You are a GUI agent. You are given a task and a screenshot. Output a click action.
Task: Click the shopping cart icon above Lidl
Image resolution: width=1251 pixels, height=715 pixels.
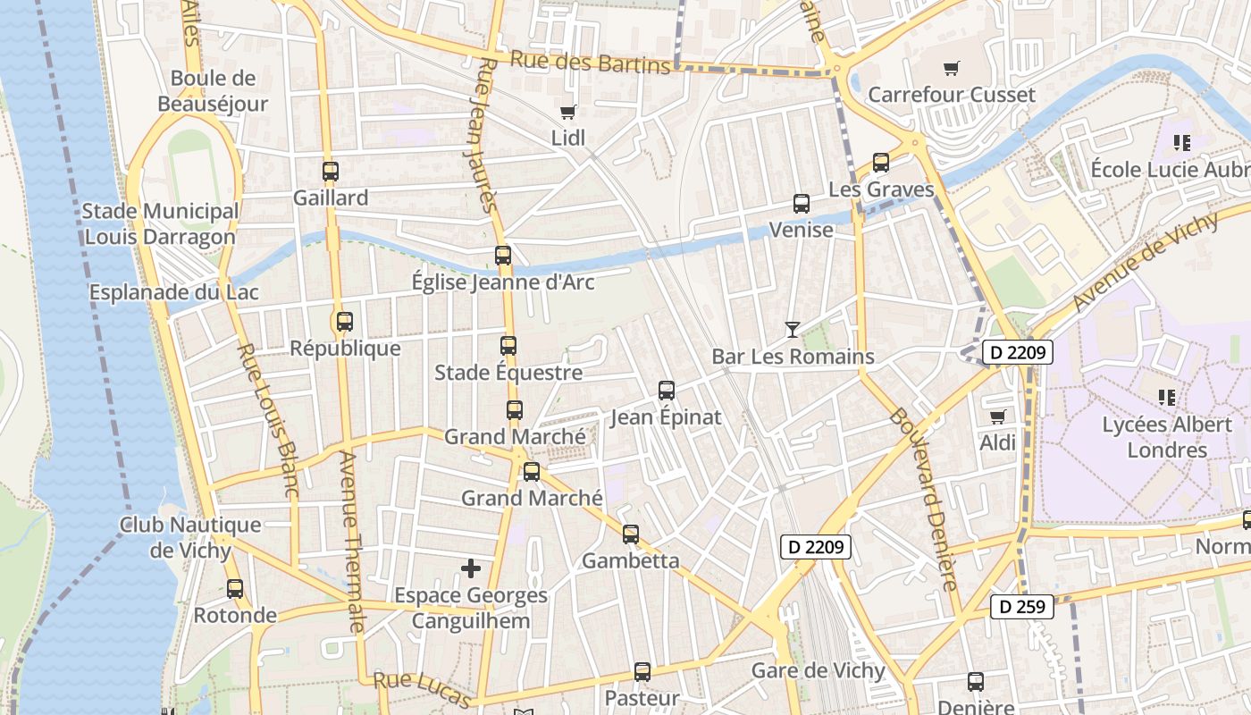click(x=567, y=112)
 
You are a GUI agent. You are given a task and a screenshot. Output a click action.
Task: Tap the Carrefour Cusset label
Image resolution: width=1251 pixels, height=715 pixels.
click(x=952, y=95)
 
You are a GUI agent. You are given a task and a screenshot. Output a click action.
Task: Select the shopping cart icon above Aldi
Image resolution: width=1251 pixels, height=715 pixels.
click(x=997, y=416)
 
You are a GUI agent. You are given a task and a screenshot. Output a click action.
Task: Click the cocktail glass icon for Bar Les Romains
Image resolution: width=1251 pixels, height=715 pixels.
click(x=792, y=330)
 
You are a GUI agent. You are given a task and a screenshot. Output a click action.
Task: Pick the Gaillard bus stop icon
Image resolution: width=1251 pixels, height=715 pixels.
click(x=331, y=172)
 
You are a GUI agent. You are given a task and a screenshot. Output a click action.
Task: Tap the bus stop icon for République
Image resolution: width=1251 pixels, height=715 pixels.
click(x=345, y=322)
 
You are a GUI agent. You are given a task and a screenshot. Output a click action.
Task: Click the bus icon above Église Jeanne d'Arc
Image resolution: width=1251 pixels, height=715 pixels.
click(x=503, y=256)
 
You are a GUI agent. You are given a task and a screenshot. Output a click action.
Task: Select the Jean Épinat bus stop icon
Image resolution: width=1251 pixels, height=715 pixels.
click(x=667, y=391)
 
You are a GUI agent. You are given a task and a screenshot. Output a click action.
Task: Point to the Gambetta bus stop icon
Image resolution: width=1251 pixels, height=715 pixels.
click(x=631, y=534)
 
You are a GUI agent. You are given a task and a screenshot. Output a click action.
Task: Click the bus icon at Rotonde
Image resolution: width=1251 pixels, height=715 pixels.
click(x=235, y=589)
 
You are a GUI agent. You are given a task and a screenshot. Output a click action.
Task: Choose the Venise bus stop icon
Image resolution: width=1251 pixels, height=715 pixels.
click(x=802, y=204)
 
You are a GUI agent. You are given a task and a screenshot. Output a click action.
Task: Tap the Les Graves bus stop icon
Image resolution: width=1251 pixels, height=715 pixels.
click(x=881, y=163)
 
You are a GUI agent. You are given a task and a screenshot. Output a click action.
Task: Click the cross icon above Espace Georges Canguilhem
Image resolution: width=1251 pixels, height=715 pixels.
click(x=471, y=568)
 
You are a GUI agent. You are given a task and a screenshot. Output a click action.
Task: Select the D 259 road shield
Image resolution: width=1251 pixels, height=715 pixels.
click(x=1022, y=608)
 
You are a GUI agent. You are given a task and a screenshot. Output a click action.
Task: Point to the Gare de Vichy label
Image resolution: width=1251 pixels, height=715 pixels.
click(x=818, y=670)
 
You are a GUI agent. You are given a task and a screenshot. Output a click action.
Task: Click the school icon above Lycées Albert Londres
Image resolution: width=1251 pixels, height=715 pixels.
click(x=1166, y=398)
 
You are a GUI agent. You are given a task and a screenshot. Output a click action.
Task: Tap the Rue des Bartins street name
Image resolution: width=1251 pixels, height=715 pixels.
click(x=590, y=63)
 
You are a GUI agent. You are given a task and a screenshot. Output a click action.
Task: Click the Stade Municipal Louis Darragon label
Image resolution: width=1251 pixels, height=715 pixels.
click(x=160, y=224)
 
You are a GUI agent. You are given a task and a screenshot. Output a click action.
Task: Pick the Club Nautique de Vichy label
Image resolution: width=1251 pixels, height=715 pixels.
click(x=190, y=537)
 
